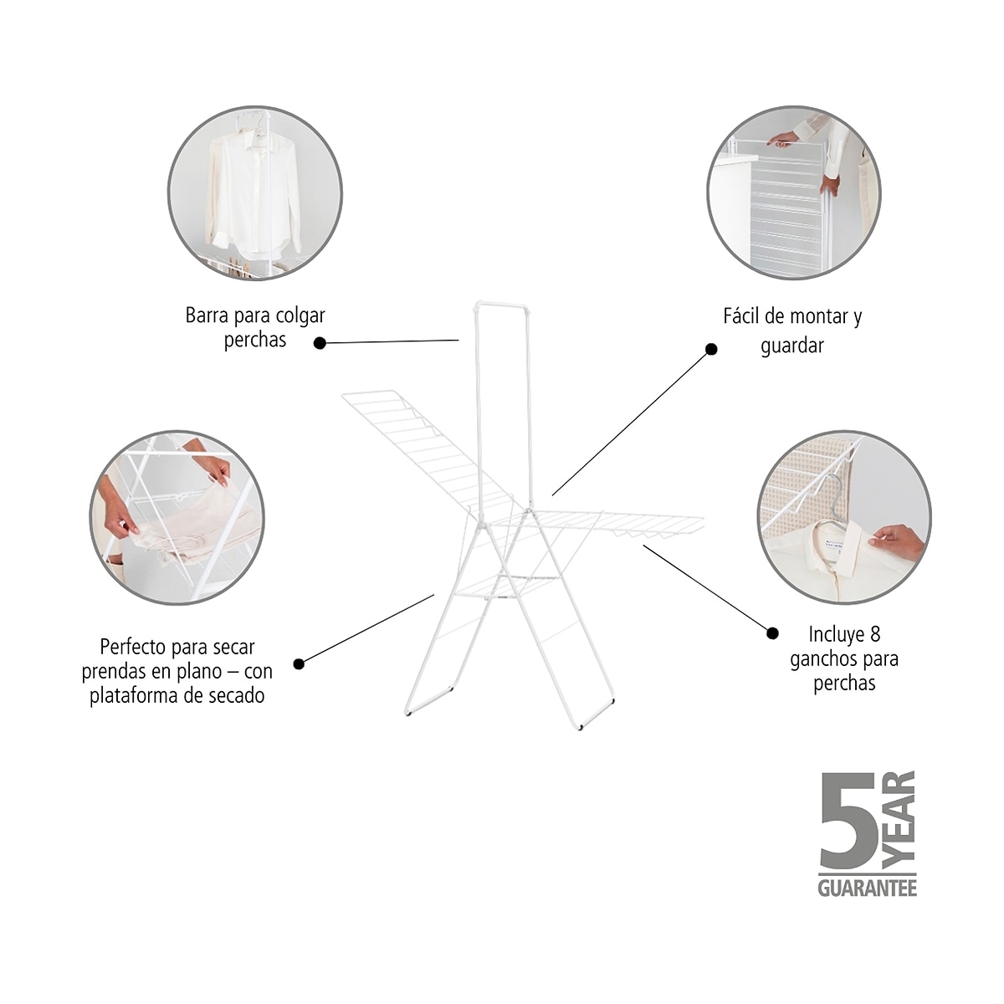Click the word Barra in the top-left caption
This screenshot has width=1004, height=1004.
207,315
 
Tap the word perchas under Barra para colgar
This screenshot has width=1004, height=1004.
255,341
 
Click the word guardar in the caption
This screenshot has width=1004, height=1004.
792,346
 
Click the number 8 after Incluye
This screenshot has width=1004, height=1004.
875,634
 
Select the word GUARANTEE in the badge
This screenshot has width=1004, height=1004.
867,888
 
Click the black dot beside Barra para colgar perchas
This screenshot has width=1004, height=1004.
320,343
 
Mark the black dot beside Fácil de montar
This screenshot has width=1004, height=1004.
711,349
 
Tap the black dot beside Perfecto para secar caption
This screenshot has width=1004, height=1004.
299,663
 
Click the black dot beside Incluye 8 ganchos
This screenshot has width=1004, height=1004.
773,633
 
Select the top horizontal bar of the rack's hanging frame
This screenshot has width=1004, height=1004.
502,304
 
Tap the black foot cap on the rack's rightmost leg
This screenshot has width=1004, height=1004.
581,727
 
